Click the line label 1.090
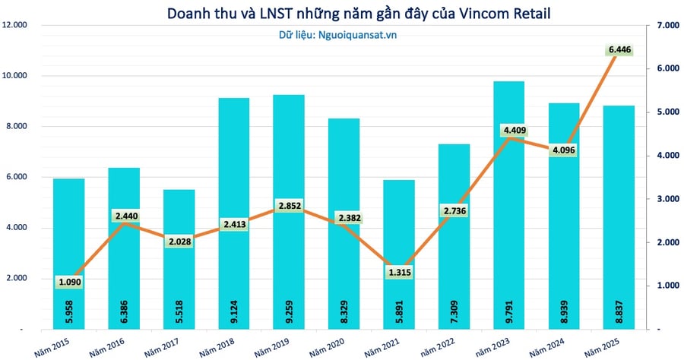click(70, 282)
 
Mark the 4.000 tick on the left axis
click(17, 228)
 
